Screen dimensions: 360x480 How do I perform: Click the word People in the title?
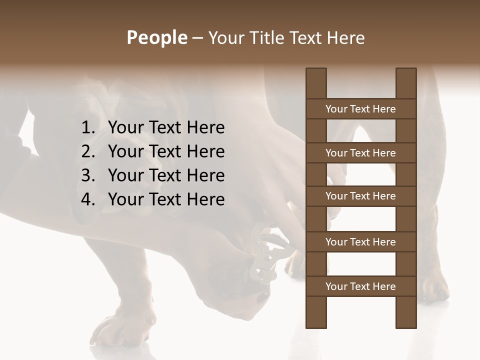157,38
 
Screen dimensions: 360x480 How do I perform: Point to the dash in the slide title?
197,38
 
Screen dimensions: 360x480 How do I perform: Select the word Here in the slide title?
345,38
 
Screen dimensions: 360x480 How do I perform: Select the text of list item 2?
166,152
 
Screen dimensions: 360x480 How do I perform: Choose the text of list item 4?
166,200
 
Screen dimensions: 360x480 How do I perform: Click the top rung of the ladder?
360,109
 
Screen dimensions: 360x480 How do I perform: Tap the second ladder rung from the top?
360,153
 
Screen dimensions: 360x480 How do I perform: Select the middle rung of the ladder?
360,196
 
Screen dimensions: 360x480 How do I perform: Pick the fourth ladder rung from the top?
360,242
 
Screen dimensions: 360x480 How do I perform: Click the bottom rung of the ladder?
360,286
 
